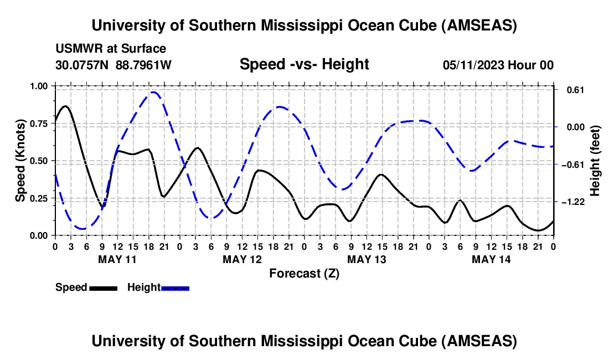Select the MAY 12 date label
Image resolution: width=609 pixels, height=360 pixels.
(x=243, y=259)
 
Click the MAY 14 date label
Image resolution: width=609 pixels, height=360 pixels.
(x=492, y=259)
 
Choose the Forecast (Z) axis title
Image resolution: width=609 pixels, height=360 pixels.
(x=304, y=273)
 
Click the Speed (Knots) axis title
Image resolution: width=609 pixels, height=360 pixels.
(x=20, y=161)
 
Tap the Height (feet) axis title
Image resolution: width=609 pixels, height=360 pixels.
(x=595, y=161)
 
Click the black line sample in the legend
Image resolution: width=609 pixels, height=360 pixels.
(x=103, y=288)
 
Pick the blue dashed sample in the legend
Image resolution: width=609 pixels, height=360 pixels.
(x=176, y=288)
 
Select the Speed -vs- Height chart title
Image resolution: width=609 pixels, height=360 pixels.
(x=304, y=64)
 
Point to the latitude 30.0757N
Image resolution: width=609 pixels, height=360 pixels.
(x=83, y=65)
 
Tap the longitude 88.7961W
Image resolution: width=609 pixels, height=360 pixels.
(x=143, y=65)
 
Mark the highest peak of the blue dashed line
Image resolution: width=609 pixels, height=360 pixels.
(x=153, y=92)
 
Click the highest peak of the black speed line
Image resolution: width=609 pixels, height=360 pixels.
(x=66, y=106)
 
